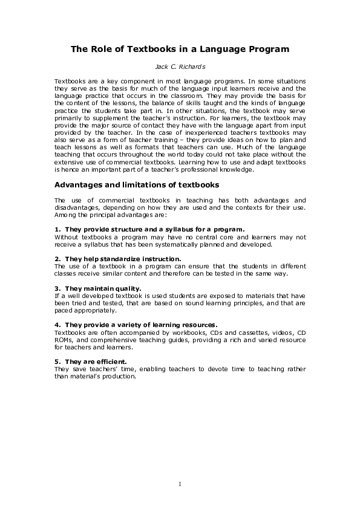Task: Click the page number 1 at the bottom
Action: tap(180, 484)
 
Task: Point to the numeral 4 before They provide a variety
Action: tap(56, 325)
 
